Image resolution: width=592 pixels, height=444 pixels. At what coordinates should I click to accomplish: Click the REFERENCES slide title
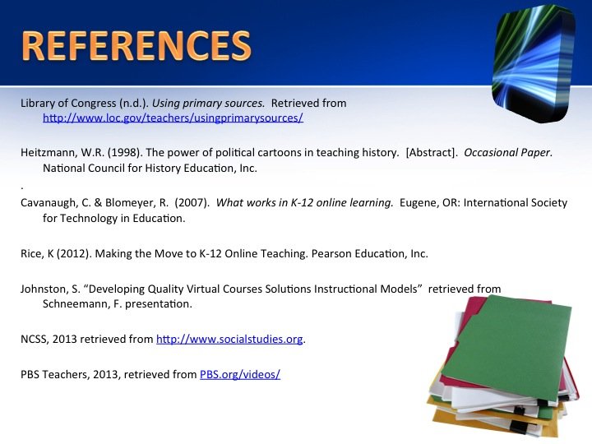coord(136,46)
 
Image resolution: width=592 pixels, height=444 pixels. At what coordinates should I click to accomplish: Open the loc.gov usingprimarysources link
coord(173,118)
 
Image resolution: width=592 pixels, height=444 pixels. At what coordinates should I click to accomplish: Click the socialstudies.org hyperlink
coord(229,339)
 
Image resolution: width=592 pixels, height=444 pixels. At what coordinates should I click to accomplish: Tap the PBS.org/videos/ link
coord(240,375)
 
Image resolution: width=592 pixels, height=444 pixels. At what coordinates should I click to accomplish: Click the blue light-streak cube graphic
coord(534,63)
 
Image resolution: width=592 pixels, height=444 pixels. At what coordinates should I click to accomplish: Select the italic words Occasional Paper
coord(508,153)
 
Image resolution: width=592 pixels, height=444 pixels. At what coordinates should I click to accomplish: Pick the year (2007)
coord(192,203)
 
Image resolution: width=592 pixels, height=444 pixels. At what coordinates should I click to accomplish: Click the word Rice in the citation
coord(32,253)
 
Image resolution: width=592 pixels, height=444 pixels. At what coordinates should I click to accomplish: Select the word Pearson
coord(331,253)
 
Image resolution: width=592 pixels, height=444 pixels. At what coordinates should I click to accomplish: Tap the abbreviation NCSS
coord(35,339)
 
